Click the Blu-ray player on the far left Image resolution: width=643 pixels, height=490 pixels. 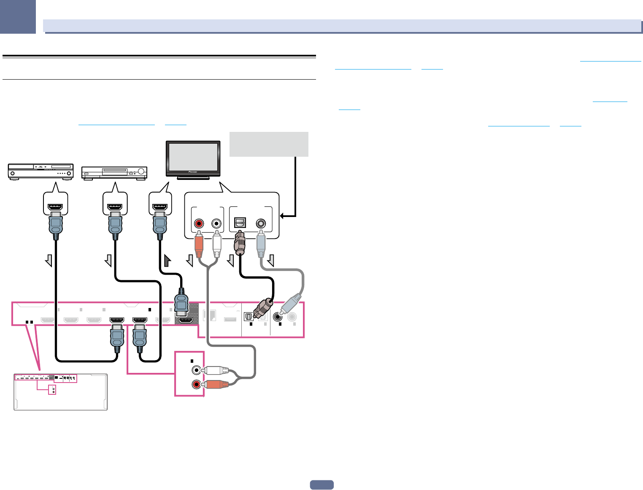41,172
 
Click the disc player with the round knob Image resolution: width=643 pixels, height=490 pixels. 114,173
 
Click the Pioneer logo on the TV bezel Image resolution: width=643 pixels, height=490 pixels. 193,172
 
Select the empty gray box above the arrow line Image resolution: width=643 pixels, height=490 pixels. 269,144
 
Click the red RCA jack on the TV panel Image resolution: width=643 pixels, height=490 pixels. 198,223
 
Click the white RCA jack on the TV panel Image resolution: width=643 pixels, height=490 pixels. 217,223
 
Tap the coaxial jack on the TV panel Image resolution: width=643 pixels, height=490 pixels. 261,223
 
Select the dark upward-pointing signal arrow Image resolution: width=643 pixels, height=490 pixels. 167,261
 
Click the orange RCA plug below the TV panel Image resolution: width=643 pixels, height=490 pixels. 198,246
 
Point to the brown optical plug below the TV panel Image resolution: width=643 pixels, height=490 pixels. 240,244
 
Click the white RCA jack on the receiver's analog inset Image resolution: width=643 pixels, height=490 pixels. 196,370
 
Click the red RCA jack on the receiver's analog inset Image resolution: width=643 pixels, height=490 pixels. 196,384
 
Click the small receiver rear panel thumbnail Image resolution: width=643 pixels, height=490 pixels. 60,392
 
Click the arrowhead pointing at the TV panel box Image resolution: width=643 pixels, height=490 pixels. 283,216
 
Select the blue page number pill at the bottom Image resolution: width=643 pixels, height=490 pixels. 321,485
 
